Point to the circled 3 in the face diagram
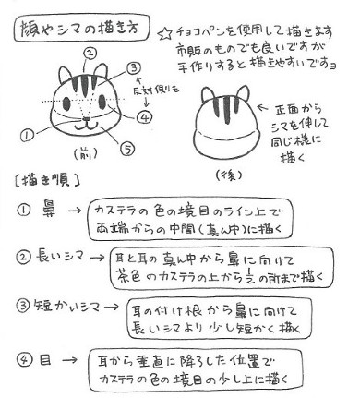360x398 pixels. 136,68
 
